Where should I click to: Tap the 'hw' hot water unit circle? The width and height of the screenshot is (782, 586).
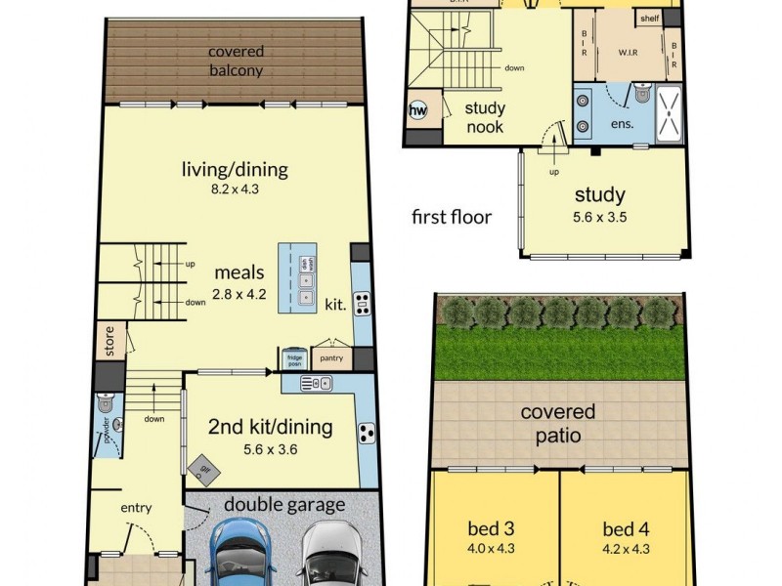418,111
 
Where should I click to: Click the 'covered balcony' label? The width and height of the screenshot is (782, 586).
236,61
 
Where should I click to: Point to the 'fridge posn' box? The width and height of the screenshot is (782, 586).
293,358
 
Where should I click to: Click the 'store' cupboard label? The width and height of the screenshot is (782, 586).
109,342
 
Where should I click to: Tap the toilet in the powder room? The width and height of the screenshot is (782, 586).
107,403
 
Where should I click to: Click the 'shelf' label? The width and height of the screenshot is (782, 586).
648,19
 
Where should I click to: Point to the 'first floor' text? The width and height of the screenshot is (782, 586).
452,217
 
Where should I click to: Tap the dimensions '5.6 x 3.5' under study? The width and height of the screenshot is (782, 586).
599,216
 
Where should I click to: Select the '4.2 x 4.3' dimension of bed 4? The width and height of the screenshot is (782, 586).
625,550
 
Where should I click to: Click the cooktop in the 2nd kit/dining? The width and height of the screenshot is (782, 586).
365,432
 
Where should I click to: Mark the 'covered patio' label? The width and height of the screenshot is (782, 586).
557,424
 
